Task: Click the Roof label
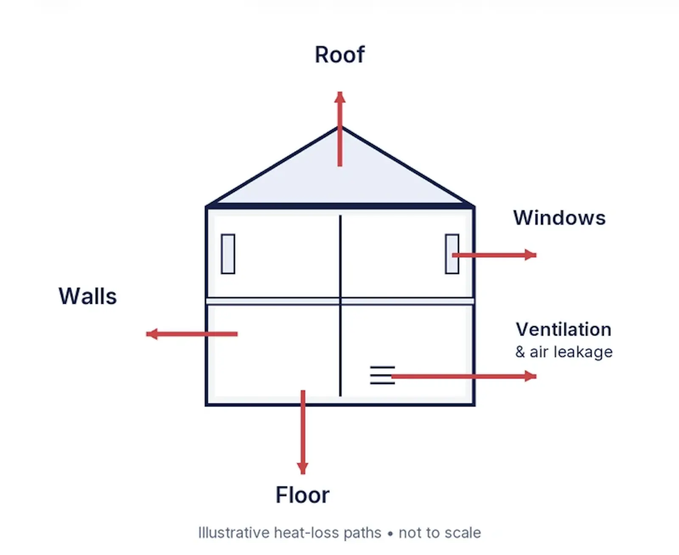[339, 54]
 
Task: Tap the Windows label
[559, 218]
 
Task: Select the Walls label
[87, 296]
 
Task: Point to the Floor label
[302, 495]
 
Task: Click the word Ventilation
[564, 330]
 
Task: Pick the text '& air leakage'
[564, 352]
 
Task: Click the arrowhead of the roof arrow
[340, 97]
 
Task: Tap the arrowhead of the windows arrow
[530, 255]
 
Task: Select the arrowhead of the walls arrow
[152, 334]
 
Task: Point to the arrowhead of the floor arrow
[303, 468]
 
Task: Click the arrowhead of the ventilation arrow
[530, 376]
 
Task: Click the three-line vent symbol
[382, 375]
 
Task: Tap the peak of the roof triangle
[340, 127]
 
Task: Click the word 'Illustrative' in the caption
[234, 533]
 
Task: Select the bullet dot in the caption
[390, 534]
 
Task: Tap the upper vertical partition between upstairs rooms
[340, 257]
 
